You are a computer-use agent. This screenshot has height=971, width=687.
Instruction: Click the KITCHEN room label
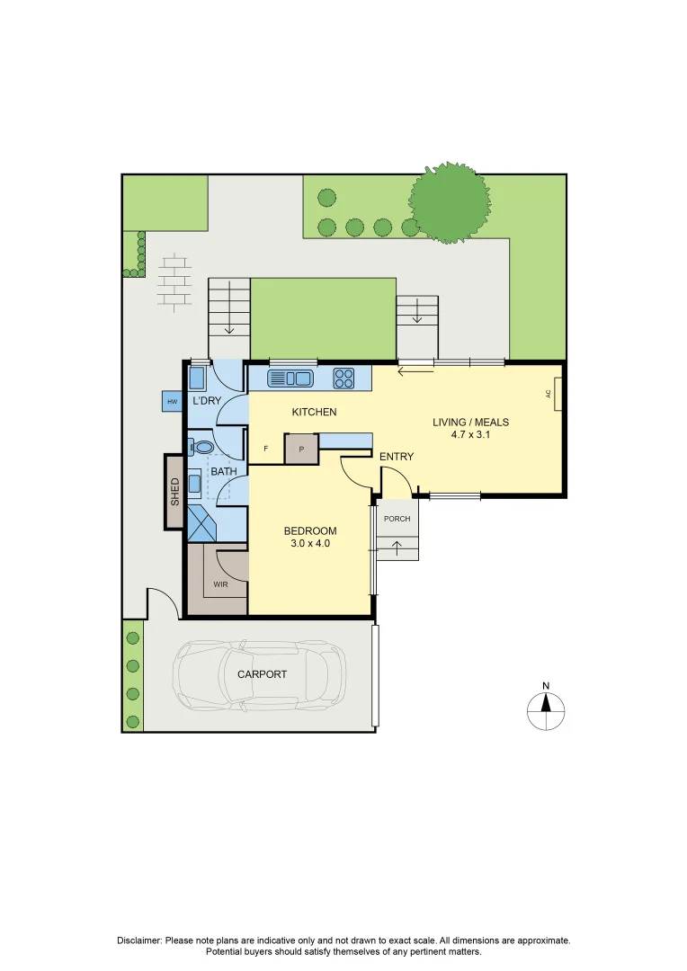tap(314, 412)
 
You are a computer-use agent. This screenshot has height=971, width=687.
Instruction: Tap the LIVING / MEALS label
tap(466, 422)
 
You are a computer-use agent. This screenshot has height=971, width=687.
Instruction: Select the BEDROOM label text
tap(310, 530)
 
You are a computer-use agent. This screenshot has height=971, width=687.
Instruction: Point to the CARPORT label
tap(262, 674)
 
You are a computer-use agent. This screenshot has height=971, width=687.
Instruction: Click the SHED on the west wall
tap(175, 491)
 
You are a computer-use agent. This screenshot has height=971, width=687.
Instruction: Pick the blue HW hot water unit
tap(171, 402)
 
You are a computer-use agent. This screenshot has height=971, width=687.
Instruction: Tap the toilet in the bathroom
tap(201, 445)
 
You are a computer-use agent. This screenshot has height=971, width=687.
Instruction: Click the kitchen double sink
tap(290, 378)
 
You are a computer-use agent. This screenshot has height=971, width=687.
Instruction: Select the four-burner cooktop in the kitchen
tap(344, 378)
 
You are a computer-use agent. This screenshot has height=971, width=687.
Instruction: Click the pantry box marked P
tap(301, 449)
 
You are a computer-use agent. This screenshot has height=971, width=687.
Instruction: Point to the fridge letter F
tap(265, 448)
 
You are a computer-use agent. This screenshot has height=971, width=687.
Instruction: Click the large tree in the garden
tap(451, 203)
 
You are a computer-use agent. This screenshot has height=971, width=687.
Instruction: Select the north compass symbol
tap(546, 710)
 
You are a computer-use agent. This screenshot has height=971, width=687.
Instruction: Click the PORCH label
tap(397, 519)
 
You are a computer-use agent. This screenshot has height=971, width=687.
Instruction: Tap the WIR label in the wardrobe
tap(220, 584)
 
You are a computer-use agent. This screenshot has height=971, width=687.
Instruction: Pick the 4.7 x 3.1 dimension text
tap(466, 434)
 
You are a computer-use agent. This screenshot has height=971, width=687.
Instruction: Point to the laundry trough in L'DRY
tap(197, 379)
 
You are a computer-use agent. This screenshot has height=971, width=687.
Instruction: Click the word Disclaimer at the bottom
tap(139, 940)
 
